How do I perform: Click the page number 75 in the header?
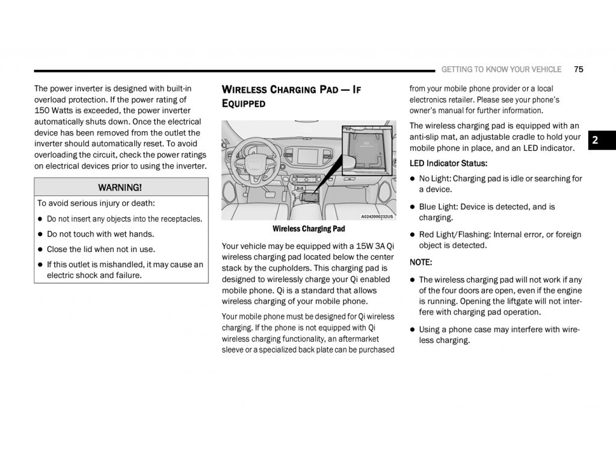tap(579, 69)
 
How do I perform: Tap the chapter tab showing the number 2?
tap(594, 140)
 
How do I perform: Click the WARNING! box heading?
tap(120, 187)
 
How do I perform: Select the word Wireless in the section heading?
tap(244, 90)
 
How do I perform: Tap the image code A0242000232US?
tap(377, 217)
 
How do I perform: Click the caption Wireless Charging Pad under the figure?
tap(309, 229)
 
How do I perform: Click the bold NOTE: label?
tap(420, 262)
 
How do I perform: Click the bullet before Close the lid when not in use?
tap(40, 250)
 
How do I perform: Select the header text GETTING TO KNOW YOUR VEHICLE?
tap(501, 69)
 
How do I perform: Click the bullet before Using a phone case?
tap(413, 330)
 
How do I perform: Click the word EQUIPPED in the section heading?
tap(244, 103)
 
